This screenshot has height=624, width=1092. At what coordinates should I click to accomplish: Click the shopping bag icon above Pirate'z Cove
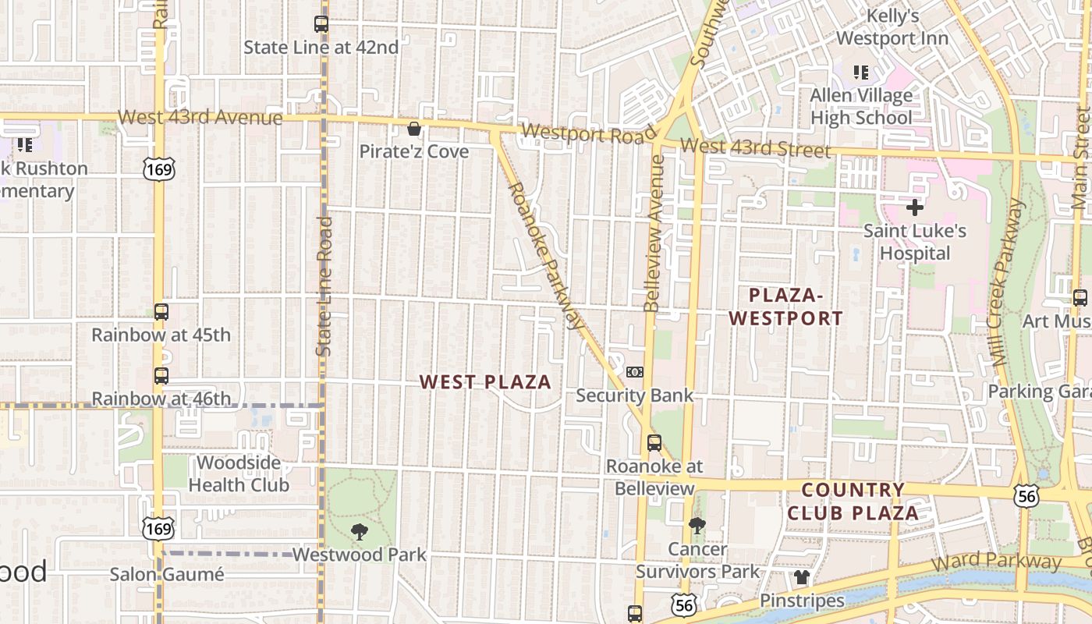pyautogui.click(x=414, y=129)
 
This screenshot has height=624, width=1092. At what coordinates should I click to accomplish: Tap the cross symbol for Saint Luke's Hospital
pyautogui.click(x=915, y=207)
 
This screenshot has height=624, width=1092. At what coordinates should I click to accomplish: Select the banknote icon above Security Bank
pyautogui.click(x=635, y=372)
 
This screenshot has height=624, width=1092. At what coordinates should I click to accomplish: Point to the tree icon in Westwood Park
pyautogui.click(x=360, y=532)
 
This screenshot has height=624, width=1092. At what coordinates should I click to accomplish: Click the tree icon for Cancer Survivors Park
pyautogui.click(x=697, y=526)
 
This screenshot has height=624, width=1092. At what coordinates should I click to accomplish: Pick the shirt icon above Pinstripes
pyautogui.click(x=802, y=578)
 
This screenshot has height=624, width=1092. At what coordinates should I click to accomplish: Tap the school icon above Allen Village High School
pyautogui.click(x=861, y=73)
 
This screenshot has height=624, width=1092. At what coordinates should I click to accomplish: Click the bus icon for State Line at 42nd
pyautogui.click(x=321, y=24)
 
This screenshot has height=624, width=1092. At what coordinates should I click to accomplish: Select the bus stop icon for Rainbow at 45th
pyautogui.click(x=161, y=312)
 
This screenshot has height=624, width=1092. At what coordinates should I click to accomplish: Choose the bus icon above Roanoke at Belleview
pyautogui.click(x=654, y=443)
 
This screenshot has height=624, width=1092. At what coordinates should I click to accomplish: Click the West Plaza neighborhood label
pyautogui.click(x=485, y=382)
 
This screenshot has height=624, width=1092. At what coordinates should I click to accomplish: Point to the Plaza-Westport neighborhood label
pyautogui.click(x=786, y=307)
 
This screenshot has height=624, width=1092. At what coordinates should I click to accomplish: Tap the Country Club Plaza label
pyautogui.click(x=853, y=502)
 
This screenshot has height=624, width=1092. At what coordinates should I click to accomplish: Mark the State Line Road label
pyautogui.click(x=324, y=286)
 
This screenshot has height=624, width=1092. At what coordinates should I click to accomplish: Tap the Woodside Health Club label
pyautogui.click(x=239, y=473)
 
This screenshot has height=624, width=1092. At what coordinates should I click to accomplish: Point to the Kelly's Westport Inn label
pyautogui.click(x=892, y=27)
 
